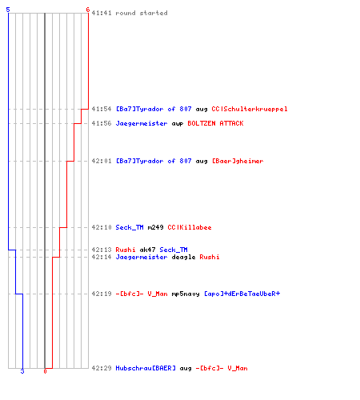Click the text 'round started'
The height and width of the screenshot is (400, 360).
(142, 13)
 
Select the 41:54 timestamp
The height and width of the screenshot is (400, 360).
(102, 109)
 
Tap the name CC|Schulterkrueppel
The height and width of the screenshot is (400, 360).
(250, 110)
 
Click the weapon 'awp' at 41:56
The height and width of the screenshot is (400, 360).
(178, 124)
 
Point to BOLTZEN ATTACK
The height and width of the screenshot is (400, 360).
(215, 123)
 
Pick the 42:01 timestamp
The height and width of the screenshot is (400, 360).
(102, 161)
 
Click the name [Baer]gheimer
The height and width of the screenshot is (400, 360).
(238, 162)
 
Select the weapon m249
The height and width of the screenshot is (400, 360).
(155, 227)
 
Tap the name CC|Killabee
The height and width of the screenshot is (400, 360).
(190, 227)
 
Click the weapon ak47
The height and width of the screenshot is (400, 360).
(147, 250)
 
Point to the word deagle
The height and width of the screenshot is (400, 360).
(183, 258)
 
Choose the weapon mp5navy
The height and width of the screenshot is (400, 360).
(186, 294)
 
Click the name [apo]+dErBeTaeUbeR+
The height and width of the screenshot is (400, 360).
(242, 294)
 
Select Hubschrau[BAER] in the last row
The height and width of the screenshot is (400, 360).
(146, 368)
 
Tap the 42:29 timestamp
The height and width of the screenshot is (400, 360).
(102, 368)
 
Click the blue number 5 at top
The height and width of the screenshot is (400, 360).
(8, 10)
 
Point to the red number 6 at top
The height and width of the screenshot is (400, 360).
(88, 10)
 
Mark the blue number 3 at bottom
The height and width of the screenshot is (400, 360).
(22, 371)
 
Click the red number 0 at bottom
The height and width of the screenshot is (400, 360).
(45, 371)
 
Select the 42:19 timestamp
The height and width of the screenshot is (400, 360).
(102, 294)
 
